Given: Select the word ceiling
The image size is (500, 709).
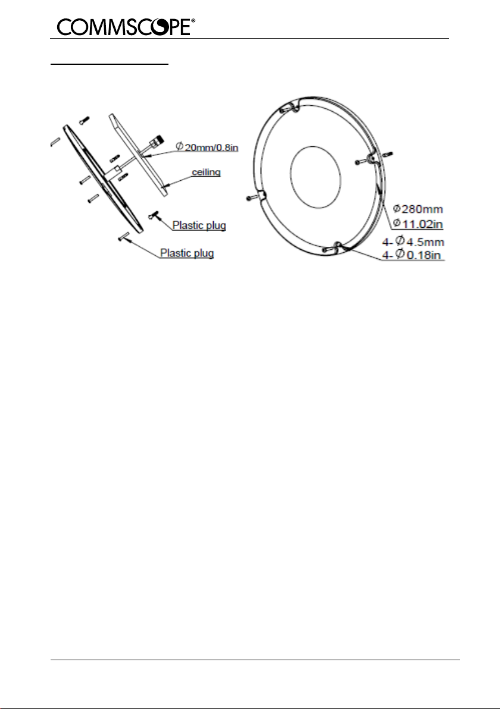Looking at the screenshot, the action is click(x=206, y=172).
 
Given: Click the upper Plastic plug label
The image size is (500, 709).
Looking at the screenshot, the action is click(x=199, y=225).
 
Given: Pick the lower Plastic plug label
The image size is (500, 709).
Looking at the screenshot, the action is click(x=187, y=253).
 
